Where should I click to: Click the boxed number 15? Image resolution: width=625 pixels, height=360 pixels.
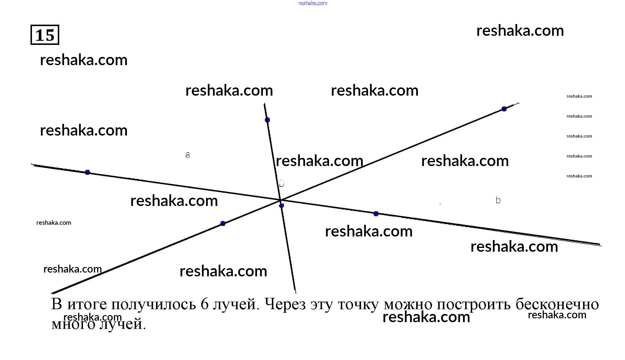coord(45,35)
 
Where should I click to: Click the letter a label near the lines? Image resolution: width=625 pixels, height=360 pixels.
coord(188,155)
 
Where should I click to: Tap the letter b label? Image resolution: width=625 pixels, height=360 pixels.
coord(498,200)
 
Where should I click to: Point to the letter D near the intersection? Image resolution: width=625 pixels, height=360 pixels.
coord(282,184)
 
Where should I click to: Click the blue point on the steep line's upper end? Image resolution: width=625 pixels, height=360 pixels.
coord(267,120)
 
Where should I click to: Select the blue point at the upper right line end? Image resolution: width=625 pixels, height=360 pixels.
coord(504,109)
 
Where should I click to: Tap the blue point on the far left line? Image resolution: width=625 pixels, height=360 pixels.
coord(87,172)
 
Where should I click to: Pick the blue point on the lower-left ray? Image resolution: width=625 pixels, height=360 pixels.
coord(223,224)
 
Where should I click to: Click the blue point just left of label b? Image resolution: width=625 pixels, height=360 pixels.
coord(376,214)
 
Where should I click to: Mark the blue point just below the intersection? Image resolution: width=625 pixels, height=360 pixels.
coord(281,205)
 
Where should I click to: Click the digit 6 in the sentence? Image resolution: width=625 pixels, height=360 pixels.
coord(204,304)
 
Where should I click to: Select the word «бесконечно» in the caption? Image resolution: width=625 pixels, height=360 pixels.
coord(557,304)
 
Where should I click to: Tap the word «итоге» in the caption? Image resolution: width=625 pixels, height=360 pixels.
coord(87,304)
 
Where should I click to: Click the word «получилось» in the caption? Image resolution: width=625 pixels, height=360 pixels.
coord(153,304)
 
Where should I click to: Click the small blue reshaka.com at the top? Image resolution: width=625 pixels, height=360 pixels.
coord(313,3)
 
